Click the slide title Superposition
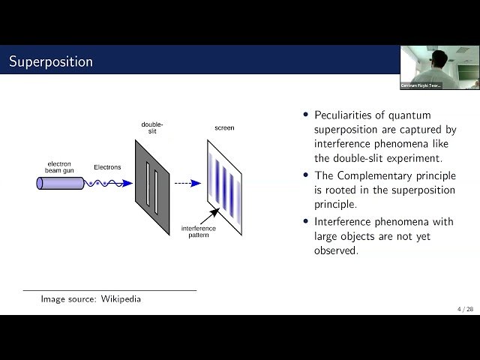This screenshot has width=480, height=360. click(50, 61)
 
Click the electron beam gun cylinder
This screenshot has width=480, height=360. click(60, 183)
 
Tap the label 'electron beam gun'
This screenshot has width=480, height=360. click(59, 167)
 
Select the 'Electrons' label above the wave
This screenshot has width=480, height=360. click(106, 167)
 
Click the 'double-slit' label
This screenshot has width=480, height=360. click(152, 127)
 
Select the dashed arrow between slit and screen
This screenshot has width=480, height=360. click(187, 182)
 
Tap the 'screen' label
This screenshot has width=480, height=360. click(224, 128)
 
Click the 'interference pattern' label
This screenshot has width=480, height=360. click(199, 231)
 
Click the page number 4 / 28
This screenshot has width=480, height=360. click(465, 309)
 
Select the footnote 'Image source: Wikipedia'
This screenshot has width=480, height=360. click(91, 299)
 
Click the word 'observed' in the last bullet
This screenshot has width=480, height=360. click(336, 250)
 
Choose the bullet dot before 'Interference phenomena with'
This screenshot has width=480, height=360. click(306, 221)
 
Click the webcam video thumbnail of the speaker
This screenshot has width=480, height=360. click(439, 67)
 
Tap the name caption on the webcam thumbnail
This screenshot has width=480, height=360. click(421, 85)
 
